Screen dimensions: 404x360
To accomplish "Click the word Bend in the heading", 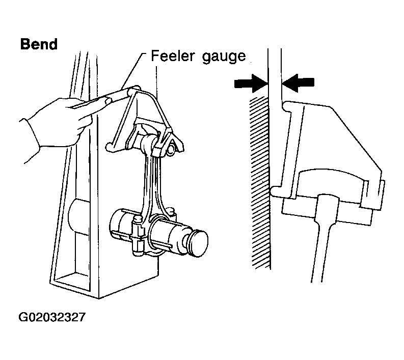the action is coord(39,44).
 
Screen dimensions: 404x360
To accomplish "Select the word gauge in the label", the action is coord(224,57).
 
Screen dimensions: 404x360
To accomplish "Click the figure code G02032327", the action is coord(52,317).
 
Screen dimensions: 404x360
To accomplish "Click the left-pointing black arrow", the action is coord(298,82).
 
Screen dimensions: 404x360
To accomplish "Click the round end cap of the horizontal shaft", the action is coord(198,243).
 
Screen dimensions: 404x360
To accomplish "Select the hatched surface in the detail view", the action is coord(259,183).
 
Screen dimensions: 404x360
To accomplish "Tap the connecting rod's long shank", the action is coord(151,185).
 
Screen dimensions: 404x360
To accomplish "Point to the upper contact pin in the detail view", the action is coord(288,106).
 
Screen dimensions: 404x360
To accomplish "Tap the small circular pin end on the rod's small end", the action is coord(170,150).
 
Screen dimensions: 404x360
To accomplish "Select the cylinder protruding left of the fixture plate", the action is coord(78,217).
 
